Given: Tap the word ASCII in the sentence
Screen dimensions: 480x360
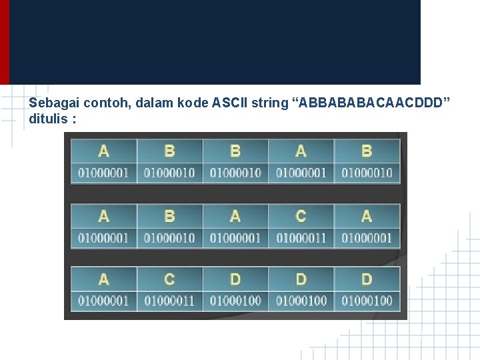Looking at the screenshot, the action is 230,104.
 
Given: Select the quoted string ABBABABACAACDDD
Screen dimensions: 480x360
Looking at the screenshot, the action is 371,104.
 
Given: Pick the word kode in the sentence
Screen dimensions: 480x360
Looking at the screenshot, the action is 193,104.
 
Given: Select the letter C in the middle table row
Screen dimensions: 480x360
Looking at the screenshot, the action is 301,217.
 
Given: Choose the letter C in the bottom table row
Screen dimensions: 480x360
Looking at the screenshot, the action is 169,279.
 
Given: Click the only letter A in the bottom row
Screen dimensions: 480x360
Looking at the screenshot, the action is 103,279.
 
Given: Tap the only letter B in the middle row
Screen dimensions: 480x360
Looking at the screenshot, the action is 169,217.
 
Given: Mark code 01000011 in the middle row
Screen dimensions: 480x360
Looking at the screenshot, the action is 301,237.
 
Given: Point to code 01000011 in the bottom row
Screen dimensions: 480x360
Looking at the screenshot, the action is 169,301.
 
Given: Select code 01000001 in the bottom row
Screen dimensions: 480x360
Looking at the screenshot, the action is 103,301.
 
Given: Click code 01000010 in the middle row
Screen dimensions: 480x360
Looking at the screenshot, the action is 169,237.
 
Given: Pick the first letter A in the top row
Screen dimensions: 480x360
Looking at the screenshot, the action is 103,151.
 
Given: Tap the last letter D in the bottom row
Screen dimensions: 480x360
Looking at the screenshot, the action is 367,279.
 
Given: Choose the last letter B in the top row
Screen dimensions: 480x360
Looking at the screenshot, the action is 367,151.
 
